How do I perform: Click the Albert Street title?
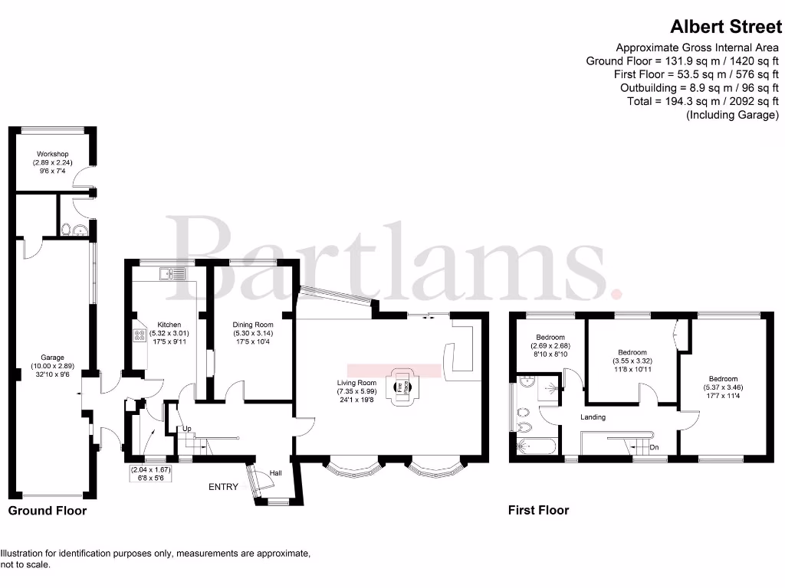(725, 27)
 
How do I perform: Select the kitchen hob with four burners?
(141, 335)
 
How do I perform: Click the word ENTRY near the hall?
(224, 487)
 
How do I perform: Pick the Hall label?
(275, 474)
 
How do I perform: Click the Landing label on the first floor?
(593, 417)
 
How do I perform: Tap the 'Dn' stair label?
(654, 447)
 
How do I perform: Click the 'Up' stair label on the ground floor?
(186, 429)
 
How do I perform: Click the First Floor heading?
(538, 510)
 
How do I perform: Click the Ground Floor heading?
(48, 511)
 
